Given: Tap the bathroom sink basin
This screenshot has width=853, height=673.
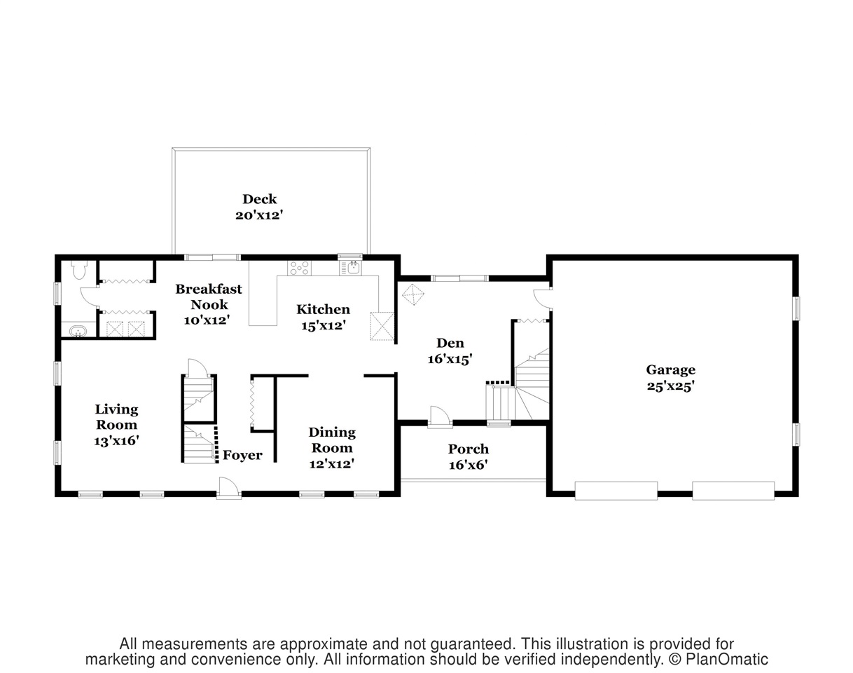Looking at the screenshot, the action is (x=78, y=331).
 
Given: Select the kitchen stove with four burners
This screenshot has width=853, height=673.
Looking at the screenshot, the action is (x=300, y=268).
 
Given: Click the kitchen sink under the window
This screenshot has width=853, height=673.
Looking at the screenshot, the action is (x=350, y=268).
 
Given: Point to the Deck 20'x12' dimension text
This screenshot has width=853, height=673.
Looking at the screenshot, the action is (x=259, y=215).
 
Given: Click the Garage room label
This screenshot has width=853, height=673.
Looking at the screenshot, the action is (x=671, y=370).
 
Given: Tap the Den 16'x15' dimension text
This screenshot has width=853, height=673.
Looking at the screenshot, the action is (x=450, y=359).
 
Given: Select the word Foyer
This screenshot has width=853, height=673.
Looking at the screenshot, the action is (x=242, y=455).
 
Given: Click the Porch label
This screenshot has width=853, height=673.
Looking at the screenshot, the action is (x=469, y=449).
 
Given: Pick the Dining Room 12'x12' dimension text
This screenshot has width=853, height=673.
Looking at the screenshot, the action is (x=332, y=463).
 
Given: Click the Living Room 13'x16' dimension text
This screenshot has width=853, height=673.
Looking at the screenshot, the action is (x=116, y=440).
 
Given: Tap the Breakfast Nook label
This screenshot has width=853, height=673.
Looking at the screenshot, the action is (x=209, y=297).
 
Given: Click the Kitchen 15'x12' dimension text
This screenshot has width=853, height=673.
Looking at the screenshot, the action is (x=324, y=325).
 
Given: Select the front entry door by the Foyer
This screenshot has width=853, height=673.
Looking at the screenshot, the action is (x=229, y=487).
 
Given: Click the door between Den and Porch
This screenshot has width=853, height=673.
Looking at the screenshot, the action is (x=440, y=417).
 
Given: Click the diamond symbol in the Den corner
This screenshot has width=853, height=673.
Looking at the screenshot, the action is (x=413, y=294).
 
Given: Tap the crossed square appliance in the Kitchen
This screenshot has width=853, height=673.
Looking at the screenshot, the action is (x=382, y=326).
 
